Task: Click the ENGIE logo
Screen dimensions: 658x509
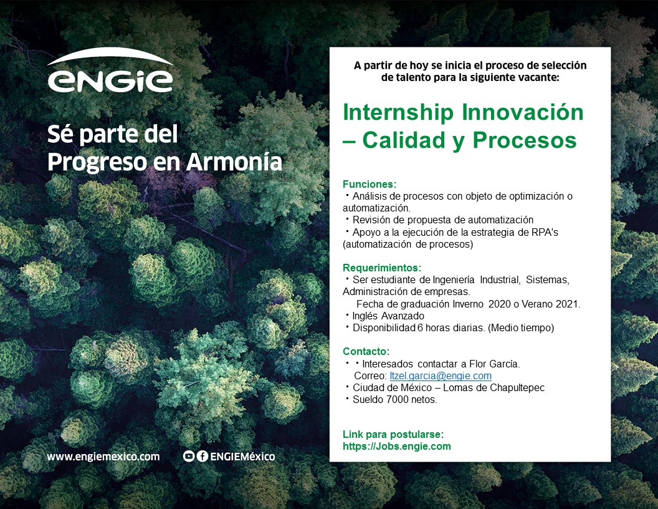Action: point(110,70)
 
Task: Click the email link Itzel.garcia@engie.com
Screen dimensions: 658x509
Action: point(441,376)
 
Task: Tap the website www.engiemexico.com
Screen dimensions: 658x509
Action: point(103,457)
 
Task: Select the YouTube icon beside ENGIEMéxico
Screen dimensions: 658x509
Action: point(188,457)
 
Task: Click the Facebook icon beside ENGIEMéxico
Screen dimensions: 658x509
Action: point(203,457)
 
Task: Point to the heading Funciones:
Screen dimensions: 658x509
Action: point(370,184)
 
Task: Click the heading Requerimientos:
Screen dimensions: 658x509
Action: point(382,268)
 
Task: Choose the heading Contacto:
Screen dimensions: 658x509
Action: point(366,351)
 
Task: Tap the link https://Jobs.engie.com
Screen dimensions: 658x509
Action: point(397,447)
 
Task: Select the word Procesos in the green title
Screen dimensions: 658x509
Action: point(525,140)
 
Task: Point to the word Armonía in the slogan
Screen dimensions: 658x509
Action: point(234,162)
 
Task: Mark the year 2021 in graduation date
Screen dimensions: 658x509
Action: point(568,304)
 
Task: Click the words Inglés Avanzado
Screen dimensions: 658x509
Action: point(388,316)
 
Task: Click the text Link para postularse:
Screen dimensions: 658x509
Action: point(393,434)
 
